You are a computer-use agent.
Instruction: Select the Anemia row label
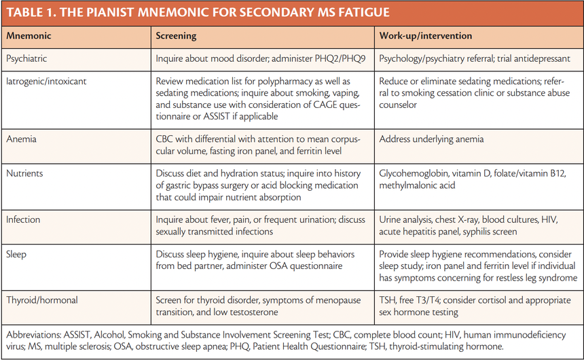(x=21, y=139)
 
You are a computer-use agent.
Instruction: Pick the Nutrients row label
(x=24, y=173)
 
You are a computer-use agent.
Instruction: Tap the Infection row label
(x=23, y=219)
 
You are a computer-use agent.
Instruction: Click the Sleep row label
(x=17, y=254)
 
